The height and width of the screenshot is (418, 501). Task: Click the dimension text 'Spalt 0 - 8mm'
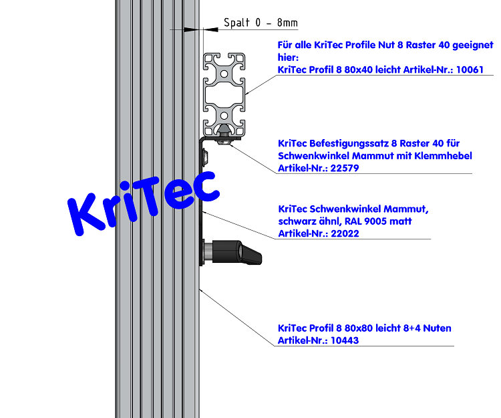click(261, 23)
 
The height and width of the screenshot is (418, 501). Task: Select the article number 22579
click(341, 168)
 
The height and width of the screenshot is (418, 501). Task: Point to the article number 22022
click(341, 233)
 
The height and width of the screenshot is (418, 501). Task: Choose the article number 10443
click(341, 340)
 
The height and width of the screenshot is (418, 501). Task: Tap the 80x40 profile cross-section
click(224, 94)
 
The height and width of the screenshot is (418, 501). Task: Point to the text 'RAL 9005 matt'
click(379, 221)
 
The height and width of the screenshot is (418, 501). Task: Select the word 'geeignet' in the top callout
click(472, 45)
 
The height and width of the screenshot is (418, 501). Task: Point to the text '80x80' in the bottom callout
click(357, 328)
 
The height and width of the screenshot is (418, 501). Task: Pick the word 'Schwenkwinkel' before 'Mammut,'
click(341, 209)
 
